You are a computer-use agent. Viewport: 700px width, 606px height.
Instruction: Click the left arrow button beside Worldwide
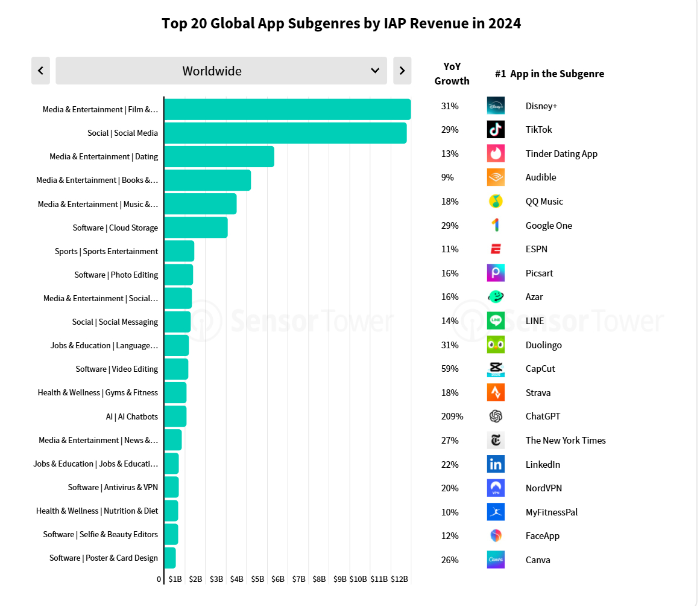point(40,71)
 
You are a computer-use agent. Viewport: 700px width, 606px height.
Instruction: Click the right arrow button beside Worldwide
point(402,71)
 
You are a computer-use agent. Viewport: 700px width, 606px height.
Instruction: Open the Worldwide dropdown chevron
point(375,71)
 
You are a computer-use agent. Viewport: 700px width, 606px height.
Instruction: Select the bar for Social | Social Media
point(285,133)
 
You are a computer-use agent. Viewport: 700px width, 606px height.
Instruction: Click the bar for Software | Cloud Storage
point(196,228)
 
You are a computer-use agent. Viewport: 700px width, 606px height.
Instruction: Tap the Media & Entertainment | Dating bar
point(219,156)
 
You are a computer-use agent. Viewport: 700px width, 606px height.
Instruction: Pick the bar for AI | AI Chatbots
point(175,416)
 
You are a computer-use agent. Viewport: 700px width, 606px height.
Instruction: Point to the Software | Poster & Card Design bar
point(170,558)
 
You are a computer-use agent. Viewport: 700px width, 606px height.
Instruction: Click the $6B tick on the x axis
point(278,579)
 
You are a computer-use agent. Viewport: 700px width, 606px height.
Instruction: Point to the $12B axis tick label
point(400,579)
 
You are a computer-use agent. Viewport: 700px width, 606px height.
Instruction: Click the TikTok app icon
point(496,130)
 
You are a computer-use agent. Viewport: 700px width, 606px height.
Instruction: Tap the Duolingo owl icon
point(496,345)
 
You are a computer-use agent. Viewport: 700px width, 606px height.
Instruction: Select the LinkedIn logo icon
point(496,464)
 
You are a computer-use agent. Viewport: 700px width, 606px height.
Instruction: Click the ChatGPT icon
point(496,416)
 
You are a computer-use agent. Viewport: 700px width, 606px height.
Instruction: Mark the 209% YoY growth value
point(452,416)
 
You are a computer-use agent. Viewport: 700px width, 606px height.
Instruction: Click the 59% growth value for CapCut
point(450,369)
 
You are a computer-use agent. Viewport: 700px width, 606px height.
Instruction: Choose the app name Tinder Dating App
point(561,154)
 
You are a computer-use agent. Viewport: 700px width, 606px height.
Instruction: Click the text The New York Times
point(566,441)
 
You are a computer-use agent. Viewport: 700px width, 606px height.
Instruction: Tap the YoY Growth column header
point(452,74)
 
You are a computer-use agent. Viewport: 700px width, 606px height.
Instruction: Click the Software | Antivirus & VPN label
point(113,487)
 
